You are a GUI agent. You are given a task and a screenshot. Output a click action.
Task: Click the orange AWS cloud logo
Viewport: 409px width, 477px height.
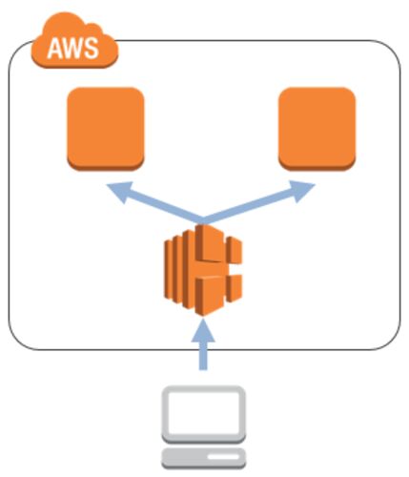point(74,40)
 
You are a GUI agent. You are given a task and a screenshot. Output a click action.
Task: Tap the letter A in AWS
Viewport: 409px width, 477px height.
point(54,49)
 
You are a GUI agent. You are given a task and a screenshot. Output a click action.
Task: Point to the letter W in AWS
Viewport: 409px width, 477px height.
point(73,49)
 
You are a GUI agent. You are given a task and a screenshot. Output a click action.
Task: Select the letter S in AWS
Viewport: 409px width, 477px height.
point(92,49)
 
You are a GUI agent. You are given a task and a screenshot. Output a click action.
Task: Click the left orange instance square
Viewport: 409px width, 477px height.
point(106,129)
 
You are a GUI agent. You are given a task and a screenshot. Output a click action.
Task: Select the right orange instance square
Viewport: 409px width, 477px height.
point(317,129)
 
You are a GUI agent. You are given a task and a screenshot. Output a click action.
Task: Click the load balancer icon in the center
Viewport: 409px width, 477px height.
point(203,270)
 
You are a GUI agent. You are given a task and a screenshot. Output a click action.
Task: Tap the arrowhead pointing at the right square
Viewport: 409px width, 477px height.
point(302,191)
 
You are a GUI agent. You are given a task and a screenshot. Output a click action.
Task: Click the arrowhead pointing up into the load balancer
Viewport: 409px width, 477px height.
point(203,330)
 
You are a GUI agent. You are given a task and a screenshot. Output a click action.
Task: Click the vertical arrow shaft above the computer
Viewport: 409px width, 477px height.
point(203,356)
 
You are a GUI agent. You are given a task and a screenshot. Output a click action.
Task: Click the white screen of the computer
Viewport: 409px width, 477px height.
point(203,412)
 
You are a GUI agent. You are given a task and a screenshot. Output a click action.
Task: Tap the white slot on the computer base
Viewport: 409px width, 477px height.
point(223,457)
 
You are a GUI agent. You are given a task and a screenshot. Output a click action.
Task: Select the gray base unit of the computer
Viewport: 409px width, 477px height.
point(203,458)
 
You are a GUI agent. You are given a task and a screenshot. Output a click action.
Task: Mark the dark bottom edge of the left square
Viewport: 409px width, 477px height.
point(106,165)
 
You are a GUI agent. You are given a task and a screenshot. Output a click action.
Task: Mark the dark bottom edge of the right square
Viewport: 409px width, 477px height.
point(317,165)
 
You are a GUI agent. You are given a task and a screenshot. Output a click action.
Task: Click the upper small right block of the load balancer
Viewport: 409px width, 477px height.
point(235,250)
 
